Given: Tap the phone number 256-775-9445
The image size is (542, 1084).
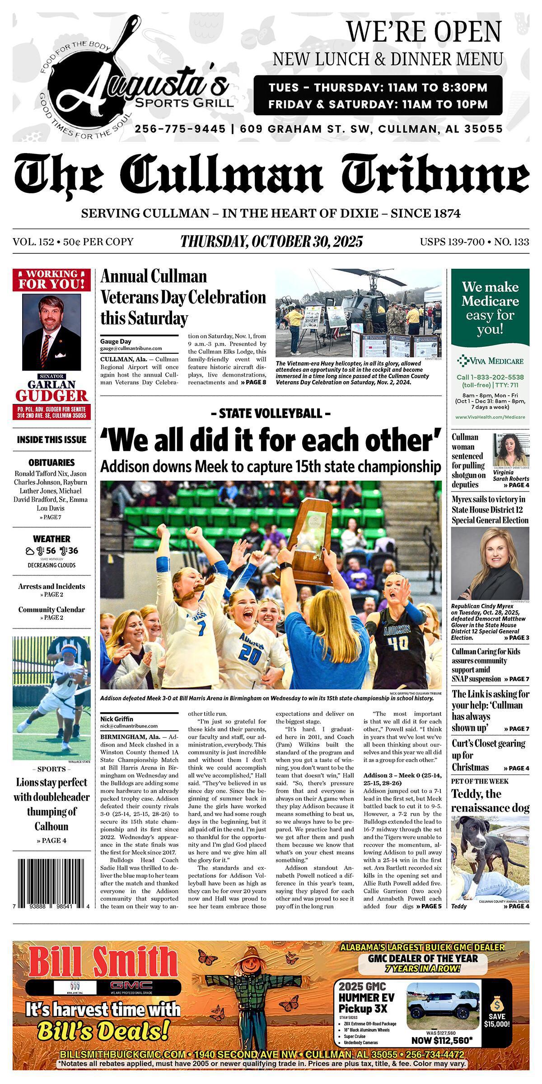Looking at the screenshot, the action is click(180, 129).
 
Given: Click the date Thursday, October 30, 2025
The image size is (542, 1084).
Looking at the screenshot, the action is click(271, 242).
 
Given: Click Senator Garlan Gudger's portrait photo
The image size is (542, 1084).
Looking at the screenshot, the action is click(51, 333).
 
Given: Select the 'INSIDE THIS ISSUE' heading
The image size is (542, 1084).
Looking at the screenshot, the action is click(51, 439).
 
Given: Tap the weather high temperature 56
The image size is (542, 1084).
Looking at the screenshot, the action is click(51, 551).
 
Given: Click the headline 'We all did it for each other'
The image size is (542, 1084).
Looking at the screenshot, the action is click(271, 439).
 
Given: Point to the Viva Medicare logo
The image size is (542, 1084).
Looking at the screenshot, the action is click(490, 360).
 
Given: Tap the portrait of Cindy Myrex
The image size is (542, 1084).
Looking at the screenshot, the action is click(490, 563).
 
